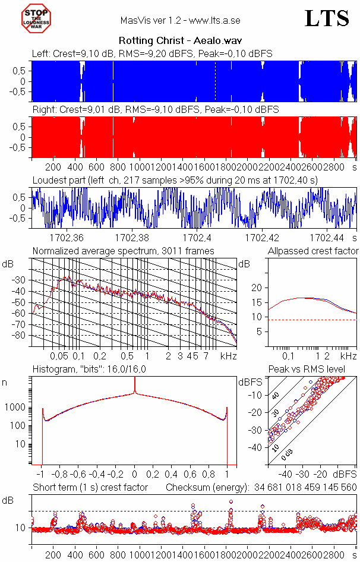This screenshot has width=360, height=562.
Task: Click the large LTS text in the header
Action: click(327, 19)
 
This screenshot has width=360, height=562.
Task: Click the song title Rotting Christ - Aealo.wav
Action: click(179, 41)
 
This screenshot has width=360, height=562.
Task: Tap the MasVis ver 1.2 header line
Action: click(180, 20)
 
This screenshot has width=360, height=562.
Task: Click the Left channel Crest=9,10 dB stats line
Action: click(152, 53)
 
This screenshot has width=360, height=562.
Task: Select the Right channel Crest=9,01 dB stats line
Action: click(156, 110)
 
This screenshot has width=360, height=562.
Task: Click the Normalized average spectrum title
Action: click(123, 251)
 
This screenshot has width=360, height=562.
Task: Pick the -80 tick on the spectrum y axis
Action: click(21, 336)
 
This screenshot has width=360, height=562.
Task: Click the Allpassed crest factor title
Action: click(313, 251)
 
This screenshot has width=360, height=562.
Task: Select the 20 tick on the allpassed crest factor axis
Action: click(257, 288)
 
